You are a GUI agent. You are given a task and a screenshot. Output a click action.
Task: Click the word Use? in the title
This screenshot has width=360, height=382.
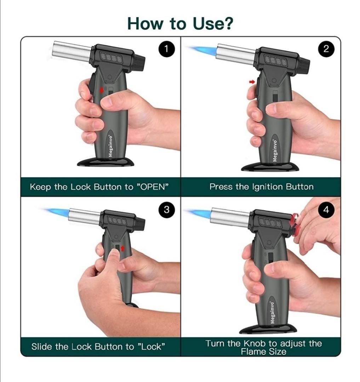[x=213, y=24]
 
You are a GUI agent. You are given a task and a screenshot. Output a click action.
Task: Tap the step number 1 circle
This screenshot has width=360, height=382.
[x=166, y=49]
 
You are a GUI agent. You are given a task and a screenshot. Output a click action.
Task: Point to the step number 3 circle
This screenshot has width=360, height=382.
[x=166, y=209]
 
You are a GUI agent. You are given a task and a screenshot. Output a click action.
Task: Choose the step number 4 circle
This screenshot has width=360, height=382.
[x=326, y=209]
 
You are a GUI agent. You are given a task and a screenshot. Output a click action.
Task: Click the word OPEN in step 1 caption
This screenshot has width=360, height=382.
[x=153, y=187]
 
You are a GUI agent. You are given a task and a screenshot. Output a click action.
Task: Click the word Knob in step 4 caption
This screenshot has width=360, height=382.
[x=255, y=343]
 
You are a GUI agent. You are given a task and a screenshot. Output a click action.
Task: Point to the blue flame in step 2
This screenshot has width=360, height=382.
[x=202, y=51]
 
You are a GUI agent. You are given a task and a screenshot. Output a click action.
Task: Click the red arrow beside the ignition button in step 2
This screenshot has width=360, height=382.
[x=252, y=82]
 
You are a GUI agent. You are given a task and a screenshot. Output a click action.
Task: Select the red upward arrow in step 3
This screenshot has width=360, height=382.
[x=122, y=248]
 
